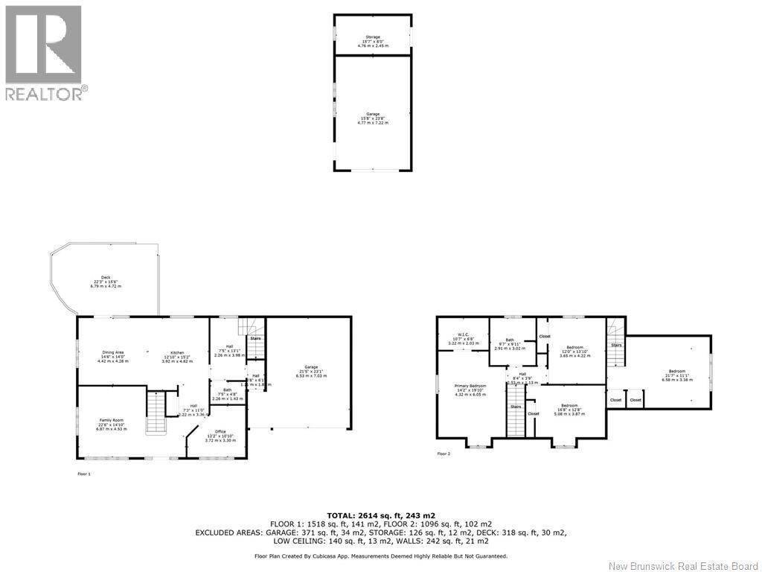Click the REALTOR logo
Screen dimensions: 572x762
[x=44, y=53]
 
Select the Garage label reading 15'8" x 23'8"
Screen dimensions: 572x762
[x=372, y=118]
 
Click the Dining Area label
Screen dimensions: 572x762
[x=112, y=356]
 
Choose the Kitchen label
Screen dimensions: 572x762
[x=177, y=356]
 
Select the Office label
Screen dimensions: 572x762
[x=220, y=436]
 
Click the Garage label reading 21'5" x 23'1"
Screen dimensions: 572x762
[x=311, y=371]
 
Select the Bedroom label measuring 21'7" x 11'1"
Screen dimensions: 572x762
[x=676, y=375]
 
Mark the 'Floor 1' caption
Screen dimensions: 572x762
[x=83, y=474]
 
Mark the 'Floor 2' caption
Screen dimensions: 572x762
[x=444, y=454]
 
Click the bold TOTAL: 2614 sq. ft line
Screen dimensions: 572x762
[x=380, y=515]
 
